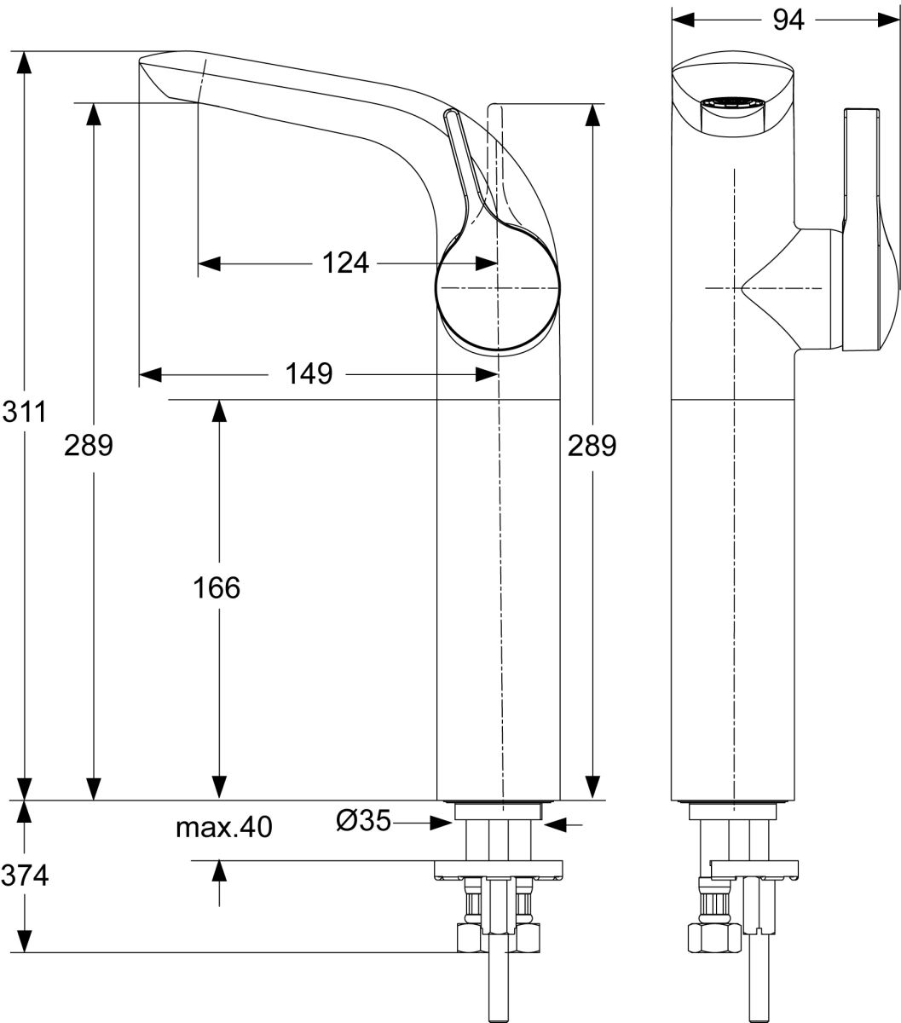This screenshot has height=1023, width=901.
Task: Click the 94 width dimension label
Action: coord(788,20)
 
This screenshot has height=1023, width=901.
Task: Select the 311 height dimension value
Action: coord(24,412)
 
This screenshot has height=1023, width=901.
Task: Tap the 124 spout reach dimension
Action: coord(345,263)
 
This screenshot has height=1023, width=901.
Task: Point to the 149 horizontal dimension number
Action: coord(309,374)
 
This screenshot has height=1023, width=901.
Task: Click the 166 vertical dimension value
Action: coord(217,587)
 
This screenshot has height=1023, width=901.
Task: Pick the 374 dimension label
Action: coord(25,875)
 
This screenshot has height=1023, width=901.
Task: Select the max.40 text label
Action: coord(223,827)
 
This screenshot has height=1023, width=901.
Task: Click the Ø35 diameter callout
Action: coord(363,820)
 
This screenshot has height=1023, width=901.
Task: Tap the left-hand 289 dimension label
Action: coord(89,445)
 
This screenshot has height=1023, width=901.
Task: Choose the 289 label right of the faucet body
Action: coord(592,445)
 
